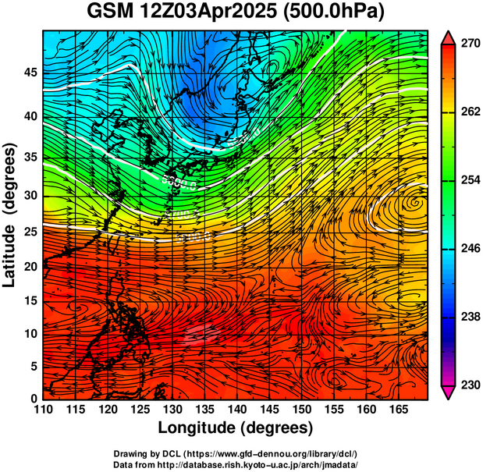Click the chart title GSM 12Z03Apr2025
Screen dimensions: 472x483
(182, 13)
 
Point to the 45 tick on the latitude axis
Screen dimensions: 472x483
(31, 73)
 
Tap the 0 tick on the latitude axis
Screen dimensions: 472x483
(34, 399)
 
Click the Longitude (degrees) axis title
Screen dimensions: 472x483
(236, 428)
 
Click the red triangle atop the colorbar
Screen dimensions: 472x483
(449, 37)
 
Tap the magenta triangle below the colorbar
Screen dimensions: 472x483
(449, 392)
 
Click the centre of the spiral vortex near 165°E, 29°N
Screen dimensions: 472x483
(413, 203)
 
